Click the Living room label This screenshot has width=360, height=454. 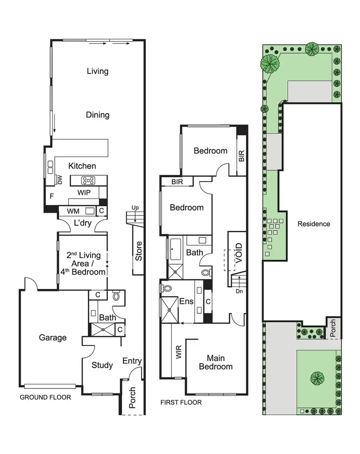point(97,71)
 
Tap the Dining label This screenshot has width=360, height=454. point(97,115)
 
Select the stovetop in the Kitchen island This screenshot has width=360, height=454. point(88,180)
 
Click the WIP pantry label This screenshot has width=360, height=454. point(84,192)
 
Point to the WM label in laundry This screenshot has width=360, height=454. point(73,211)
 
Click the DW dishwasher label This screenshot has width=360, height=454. point(60,179)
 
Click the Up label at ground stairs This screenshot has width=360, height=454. point(136,208)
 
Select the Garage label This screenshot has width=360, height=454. point(53,337)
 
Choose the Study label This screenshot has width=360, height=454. point(102,365)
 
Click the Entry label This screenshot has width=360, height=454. point(132,361)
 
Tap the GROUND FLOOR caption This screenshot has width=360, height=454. point(45,397)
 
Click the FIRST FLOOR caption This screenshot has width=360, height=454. point(181,402)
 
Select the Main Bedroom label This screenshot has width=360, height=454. point(219,362)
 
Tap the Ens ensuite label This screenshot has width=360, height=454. point(186,301)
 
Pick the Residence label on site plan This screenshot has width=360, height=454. point(314,224)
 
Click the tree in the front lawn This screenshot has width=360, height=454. point(317,378)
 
